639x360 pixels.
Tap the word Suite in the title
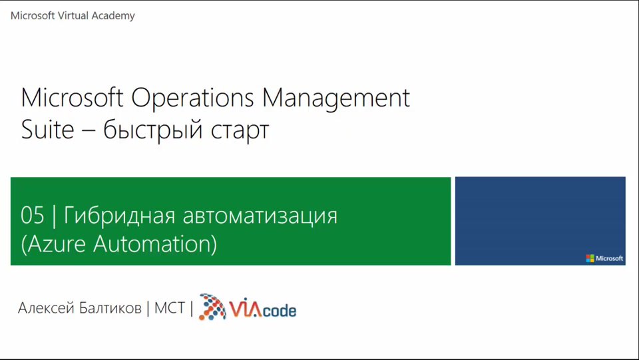point(47,130)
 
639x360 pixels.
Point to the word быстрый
point(153,130)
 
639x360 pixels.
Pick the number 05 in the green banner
point(32,215)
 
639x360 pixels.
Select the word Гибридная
point(119,215)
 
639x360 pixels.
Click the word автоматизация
point(260,216)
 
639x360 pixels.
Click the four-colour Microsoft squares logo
point(590,258)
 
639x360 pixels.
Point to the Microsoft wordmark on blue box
point(609,258)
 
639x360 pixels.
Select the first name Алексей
point(46,308)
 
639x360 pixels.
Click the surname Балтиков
point(110,308)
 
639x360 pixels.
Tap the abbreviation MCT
point(170,308)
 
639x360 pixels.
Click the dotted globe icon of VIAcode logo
point(212,307)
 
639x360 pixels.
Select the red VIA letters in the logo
point(246,309)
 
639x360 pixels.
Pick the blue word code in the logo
point(279,311)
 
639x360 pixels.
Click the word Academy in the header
point(113,16)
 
